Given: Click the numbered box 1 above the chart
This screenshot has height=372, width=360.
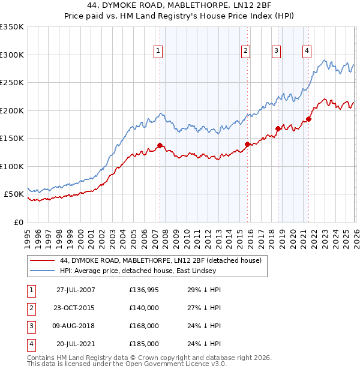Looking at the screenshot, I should [x=158, y=51].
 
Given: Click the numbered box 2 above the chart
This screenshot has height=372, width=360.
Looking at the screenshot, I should [x=246, y=51].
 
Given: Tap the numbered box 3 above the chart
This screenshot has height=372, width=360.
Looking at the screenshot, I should [x=276, y=51].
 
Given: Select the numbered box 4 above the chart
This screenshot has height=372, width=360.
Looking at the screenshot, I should [x=307, y=51].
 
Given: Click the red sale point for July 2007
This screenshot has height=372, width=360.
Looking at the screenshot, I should [x=160, y=145].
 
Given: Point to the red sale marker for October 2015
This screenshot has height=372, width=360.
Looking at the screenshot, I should [x=247, y=144].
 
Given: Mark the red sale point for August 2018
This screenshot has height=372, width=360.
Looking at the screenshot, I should [x=278, y=128].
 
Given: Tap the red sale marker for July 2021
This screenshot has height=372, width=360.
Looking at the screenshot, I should [x=309, y=119].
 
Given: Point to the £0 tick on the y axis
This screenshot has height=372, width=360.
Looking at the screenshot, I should [x=19, y=222].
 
